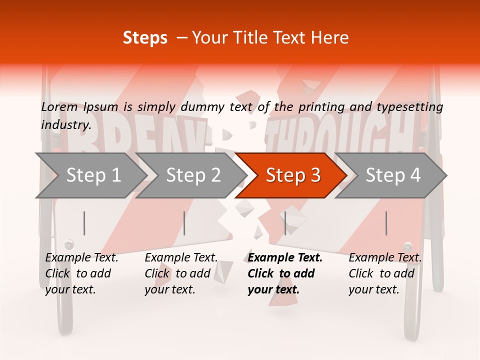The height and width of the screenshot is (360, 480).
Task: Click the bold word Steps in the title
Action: point(145,38)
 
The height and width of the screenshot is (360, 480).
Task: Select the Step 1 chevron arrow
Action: point(93,175)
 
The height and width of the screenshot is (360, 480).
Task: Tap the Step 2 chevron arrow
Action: point(193,175)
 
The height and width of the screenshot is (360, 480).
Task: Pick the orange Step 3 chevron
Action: point(293,175)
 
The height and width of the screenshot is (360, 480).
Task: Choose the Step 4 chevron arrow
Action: point(393,175)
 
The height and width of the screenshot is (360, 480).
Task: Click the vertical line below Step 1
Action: point(84,223)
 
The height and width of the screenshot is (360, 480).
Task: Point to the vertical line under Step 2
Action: point(184,223)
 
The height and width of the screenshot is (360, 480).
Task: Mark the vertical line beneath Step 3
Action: point(285,223)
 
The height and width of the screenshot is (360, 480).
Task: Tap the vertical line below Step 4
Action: point(386,223)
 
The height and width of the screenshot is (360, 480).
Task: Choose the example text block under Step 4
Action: point(385,273)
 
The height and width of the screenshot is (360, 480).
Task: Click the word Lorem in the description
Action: point(59,106)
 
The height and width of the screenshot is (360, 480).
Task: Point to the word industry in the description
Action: point(65,125)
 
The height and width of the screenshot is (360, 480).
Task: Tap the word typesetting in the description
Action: point(409,107)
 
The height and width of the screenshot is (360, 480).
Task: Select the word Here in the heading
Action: point(331,38)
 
